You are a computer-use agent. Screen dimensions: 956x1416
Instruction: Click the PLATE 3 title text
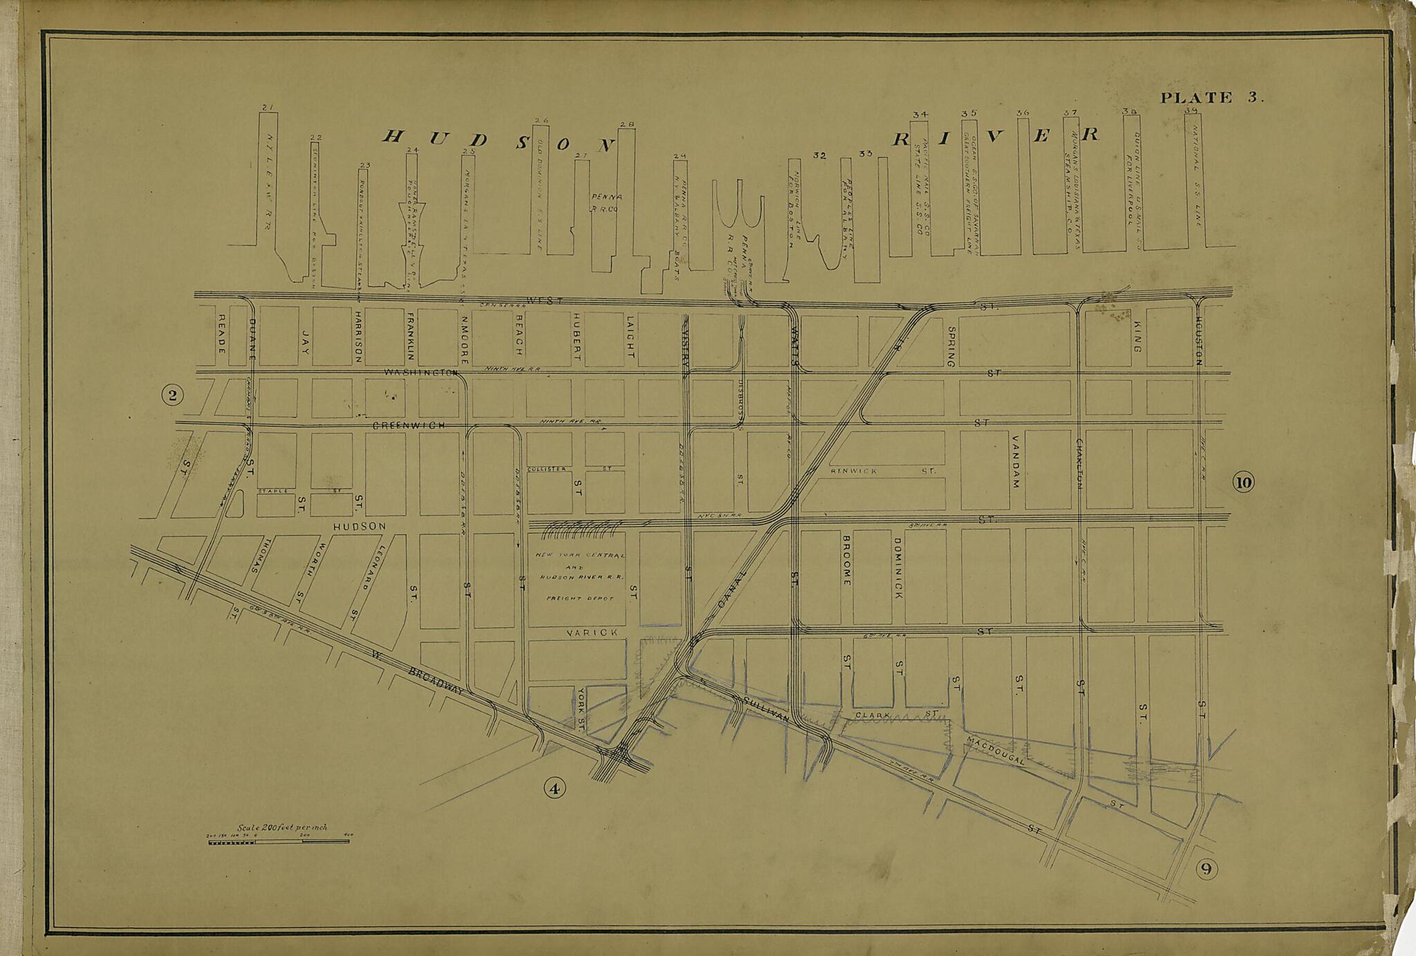pyautogui.click(x=1211, y=97)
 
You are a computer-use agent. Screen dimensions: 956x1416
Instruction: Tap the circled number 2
pyautogui.click(x=172, y=395)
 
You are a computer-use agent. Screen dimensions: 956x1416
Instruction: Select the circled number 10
pyautogui.click(x=1243, y=482)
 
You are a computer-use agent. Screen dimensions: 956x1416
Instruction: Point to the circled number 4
pyautogui.click(x=555, y=788)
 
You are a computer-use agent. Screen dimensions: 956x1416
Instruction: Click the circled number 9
pyautogui.click(x=1206, y=869)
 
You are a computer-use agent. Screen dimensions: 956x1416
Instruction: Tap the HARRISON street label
pyautogui.click(x=358, y=336)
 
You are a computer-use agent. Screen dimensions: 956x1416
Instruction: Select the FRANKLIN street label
pyautogui.click(x=411, y=336)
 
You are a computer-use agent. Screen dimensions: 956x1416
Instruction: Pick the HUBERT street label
pyautogui.click(x=576, y=336)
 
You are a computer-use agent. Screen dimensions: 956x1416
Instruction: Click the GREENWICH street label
pyautogui.click(x=409, y=427)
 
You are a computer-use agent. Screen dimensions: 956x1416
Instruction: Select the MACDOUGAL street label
pyautogui.click(x=996, y=751)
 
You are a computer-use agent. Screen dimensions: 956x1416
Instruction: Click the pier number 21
pyautogui.click(x=269, y=107)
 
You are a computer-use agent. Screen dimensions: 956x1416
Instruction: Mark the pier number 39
pyautogui.click(x=1191, y=111)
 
